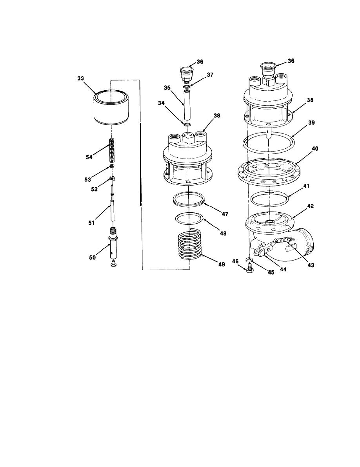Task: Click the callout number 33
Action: [80, 78]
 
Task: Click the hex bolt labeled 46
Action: [249, 268]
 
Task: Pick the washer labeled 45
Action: [249, 260]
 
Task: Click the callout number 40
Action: [315, 148]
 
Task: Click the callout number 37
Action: [210, 75]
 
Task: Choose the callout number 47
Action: [225, 214]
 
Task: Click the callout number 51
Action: [91, 223]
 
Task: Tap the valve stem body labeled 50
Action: [113, 243]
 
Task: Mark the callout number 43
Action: [310, 265]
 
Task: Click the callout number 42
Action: [310, 206]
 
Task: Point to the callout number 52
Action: [94, 189]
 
